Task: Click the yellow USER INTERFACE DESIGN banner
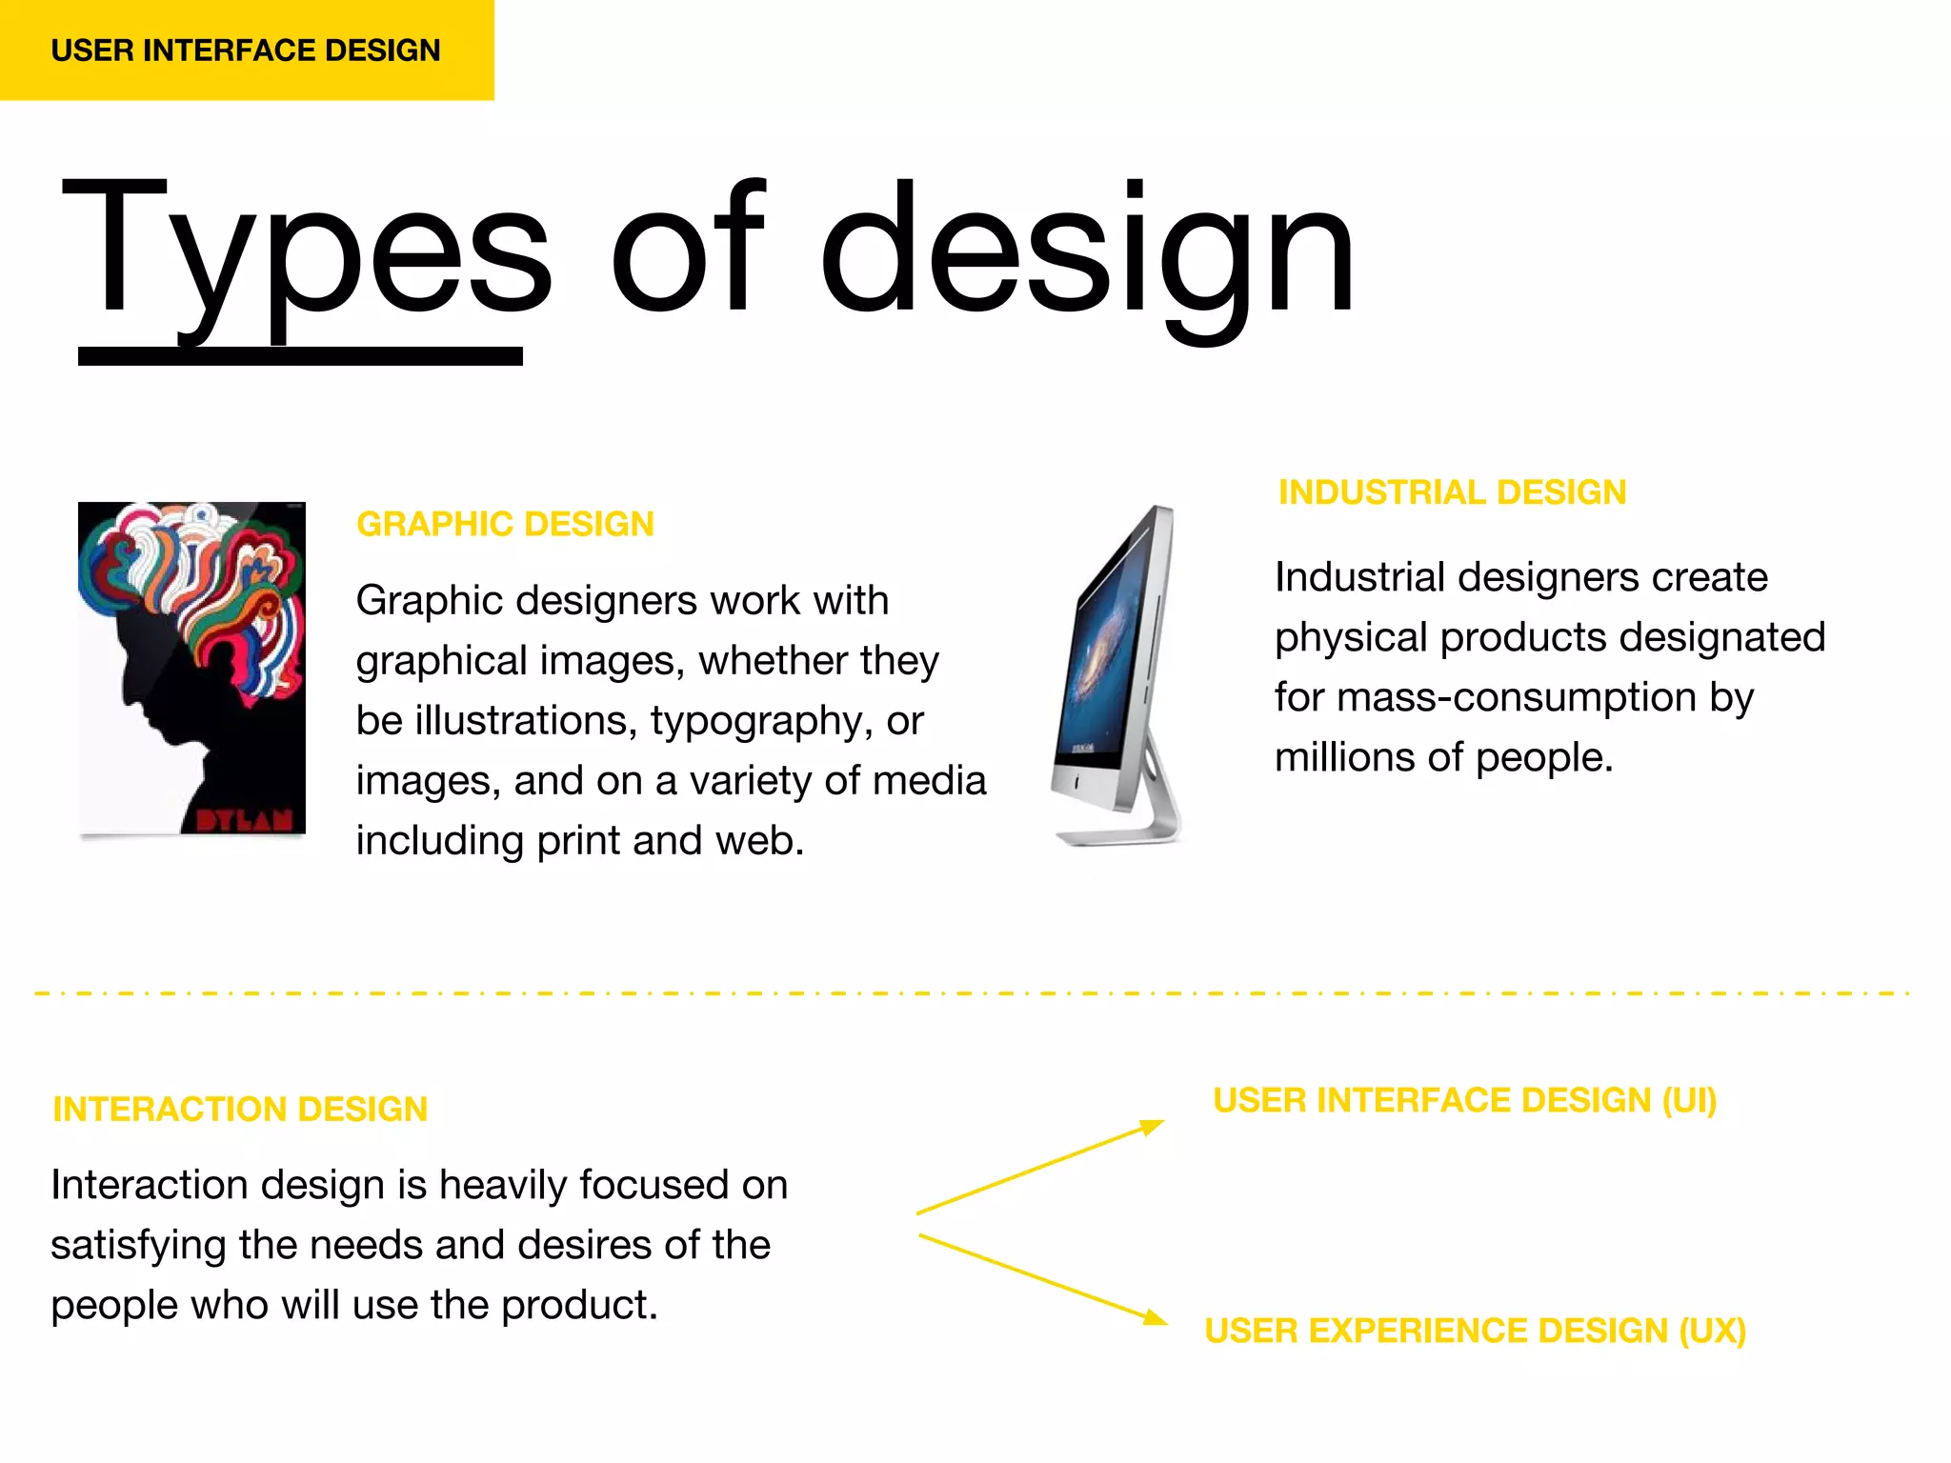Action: coord(246,50)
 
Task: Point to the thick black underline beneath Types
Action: coord(300,356)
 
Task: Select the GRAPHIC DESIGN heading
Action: coord(505,524)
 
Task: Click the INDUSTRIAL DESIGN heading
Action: coord(1452,492)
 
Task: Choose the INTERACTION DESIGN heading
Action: coord(240,1109)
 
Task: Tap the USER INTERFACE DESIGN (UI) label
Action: coord(1464,1100)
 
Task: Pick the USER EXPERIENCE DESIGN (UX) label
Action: coord(1475,1331)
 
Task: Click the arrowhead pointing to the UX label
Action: coord(1155,1318)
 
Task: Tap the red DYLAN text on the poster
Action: coord(244,820)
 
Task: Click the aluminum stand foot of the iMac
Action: coord(1119,836)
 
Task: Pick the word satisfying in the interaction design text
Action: coord(138,1245)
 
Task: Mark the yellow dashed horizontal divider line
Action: coord(972,993)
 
